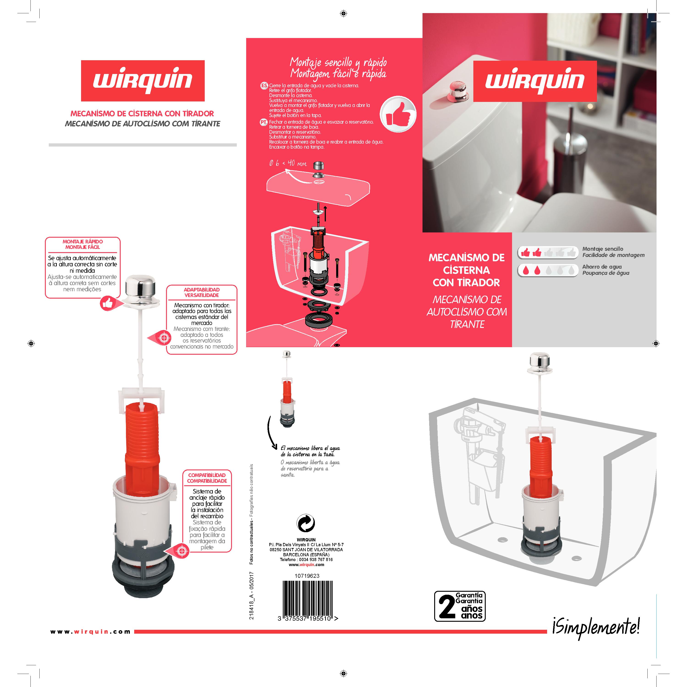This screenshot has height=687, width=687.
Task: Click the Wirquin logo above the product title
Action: click(x=143, y=81)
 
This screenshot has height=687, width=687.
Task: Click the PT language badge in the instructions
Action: click(x=264, y=122)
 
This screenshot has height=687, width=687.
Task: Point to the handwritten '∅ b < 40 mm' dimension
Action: click(x=288, y=163)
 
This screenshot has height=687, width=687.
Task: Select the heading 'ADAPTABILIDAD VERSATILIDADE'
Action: click(x=202, y=292)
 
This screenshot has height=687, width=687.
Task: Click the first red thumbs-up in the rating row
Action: click(x=525, y=252)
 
